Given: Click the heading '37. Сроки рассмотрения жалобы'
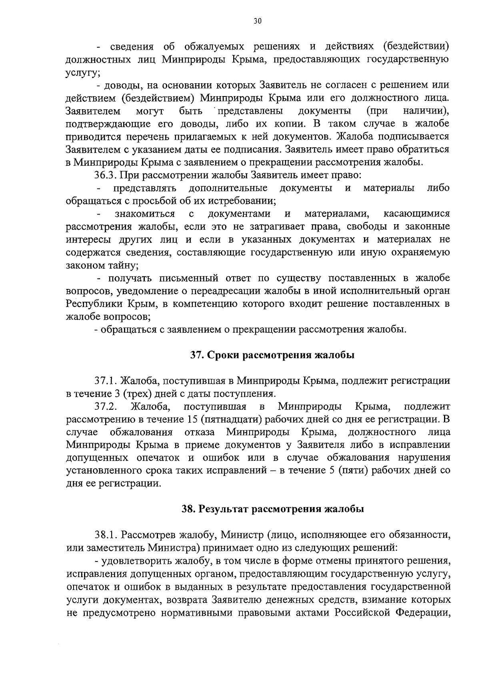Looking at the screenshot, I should [x=272, y=355].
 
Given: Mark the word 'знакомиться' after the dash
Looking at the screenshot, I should [x=145, y=214].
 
